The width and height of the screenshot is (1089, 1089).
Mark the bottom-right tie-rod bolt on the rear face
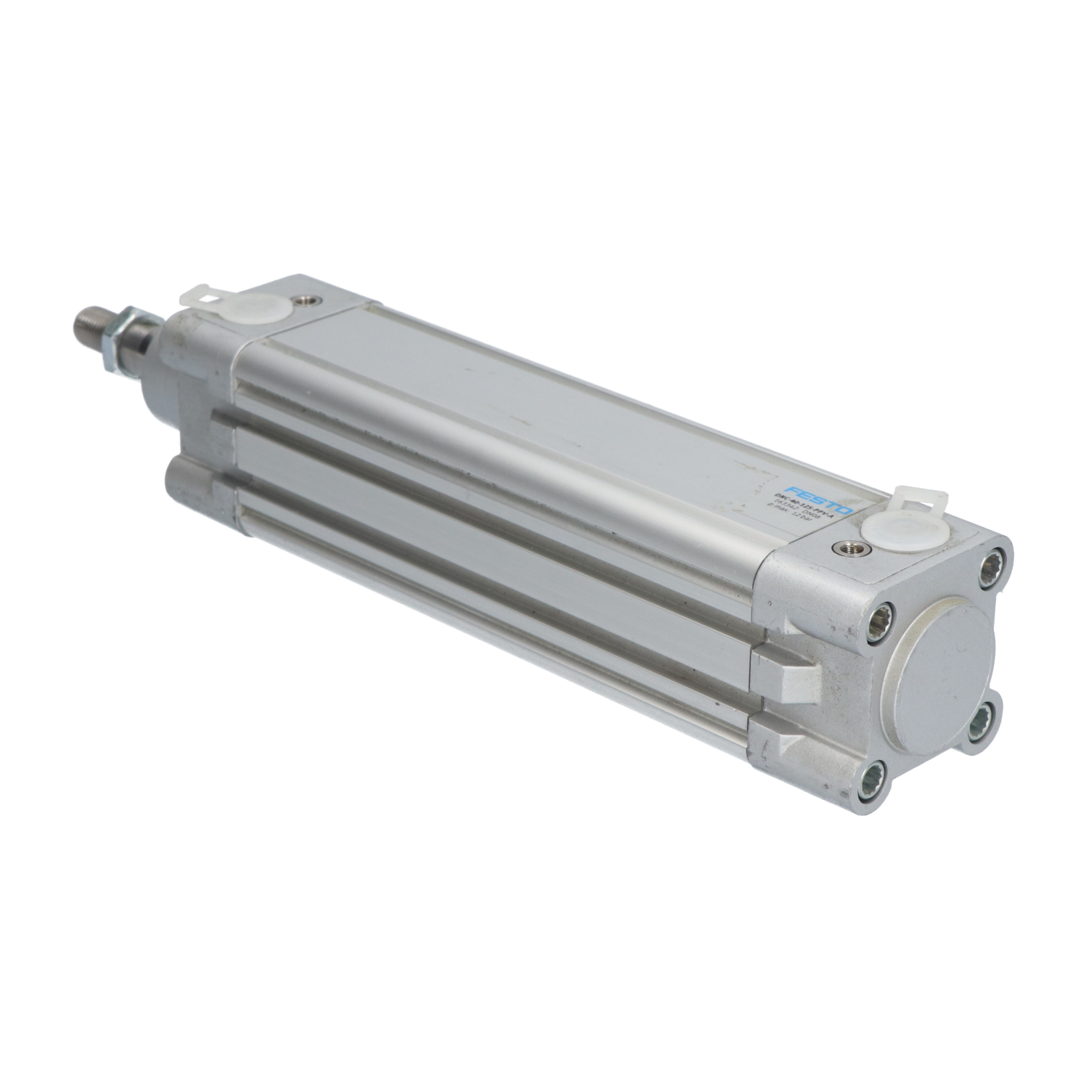pyautogui.click(x=984, y=719)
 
